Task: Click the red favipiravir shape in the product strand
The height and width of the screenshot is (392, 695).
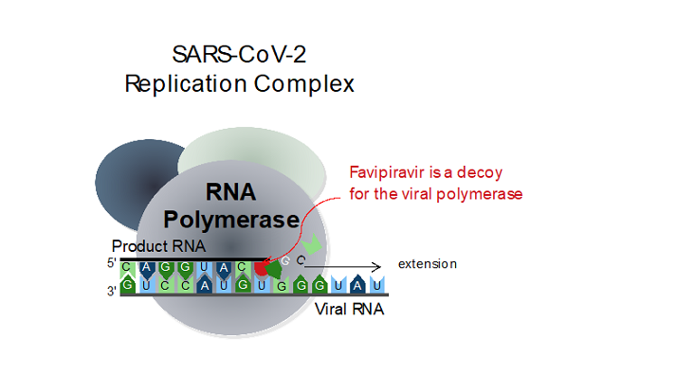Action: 261,268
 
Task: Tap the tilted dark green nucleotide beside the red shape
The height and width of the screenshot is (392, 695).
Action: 274,269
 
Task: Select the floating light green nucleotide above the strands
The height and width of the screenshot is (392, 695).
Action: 312,243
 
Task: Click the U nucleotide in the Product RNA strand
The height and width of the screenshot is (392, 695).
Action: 204,268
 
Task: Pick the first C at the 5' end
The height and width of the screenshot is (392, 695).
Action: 127,268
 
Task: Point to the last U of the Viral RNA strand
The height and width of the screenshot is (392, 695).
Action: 376,284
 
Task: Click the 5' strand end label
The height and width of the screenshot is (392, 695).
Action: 111,263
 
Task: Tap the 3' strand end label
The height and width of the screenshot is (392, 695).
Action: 111,291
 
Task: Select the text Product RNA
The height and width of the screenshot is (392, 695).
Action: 158,246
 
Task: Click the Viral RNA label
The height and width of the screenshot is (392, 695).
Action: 349,309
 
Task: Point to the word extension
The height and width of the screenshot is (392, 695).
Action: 428,264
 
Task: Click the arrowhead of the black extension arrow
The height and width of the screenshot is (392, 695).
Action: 377,267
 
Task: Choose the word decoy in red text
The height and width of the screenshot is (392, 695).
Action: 480,172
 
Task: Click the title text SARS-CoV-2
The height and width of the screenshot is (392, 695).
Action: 239,54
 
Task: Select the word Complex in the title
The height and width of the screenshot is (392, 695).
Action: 304,83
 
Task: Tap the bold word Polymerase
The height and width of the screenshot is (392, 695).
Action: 231,220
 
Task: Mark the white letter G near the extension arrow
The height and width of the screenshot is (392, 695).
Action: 285,261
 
